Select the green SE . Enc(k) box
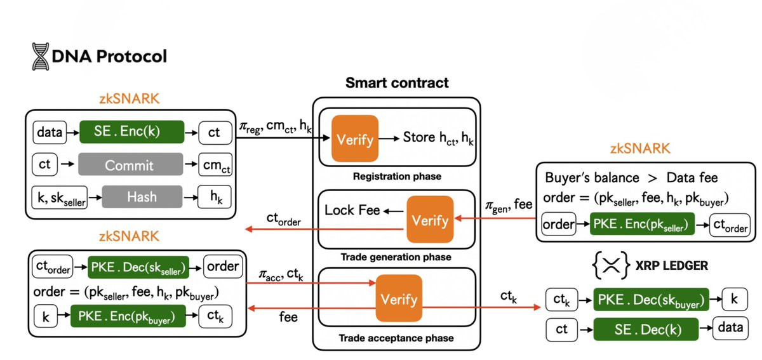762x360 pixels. [131, 132]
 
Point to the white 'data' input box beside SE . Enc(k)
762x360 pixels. [50, 132]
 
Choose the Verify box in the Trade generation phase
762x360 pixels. [430, 220]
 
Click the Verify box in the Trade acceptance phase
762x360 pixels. [399, 298]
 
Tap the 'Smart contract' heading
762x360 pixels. [397, 83]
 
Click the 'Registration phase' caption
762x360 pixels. [397, 176]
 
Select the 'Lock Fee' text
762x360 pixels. [352, 210]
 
